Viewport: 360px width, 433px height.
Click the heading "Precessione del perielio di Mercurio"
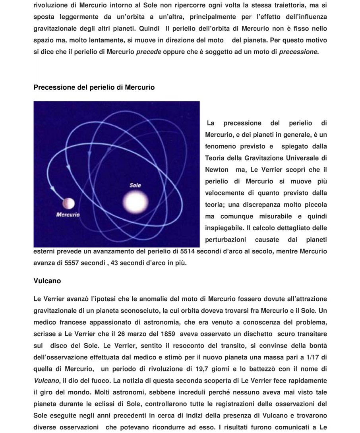(94, 87)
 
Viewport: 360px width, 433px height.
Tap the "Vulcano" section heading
(47, 281)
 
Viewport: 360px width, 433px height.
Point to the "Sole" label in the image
(135, 185)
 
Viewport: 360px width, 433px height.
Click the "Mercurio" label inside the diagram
(68, 215)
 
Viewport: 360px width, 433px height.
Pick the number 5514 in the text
(188, 251)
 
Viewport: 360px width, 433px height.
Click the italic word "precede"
(149, 52)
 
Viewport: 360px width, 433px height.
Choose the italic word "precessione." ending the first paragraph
(299, 52)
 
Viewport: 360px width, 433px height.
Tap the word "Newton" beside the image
(217, 170)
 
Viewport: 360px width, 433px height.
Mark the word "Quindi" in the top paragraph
(149, 29)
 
